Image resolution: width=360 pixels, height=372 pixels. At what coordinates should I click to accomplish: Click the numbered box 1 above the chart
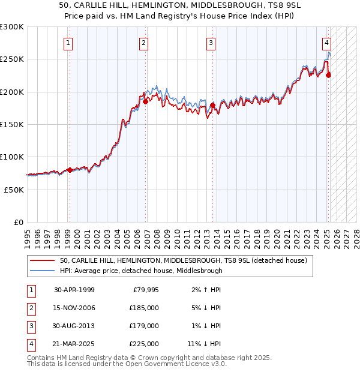coord(68,43)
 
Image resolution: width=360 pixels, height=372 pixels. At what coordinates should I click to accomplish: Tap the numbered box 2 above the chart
coord(144,43)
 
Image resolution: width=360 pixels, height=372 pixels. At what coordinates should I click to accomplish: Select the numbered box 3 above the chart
coord(211,43)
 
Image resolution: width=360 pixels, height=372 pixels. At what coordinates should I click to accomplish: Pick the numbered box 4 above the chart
coord(326,43)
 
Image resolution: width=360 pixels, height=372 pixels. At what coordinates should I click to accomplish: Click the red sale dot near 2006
coord(145,102)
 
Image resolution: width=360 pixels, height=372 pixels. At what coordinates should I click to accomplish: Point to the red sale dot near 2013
coord(212,106)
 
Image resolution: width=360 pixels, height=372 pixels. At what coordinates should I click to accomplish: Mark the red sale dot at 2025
coord(328,75)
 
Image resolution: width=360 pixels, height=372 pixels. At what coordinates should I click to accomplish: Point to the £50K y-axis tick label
coord(14,190)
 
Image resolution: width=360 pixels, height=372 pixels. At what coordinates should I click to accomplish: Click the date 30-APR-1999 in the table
coord(74,290)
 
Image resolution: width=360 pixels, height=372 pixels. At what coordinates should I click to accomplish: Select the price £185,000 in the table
coord(145,308)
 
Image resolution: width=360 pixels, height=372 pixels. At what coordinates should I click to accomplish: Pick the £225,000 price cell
coord(145,344)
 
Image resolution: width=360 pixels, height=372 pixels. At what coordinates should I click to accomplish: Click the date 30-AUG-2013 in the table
coord(74,326)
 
